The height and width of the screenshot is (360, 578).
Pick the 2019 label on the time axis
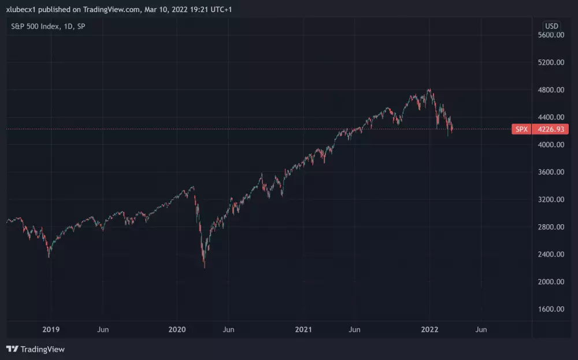(51, 329)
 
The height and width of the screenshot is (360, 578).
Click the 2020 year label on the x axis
(177, 329)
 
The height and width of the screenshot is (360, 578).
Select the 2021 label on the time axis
(303, 329)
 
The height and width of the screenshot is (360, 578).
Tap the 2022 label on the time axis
(429, 329)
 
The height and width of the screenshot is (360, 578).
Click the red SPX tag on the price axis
(521, 129)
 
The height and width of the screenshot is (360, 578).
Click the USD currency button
(551, 26)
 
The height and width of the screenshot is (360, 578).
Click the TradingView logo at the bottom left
(36, 349)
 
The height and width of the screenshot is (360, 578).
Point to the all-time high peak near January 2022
(429, 89)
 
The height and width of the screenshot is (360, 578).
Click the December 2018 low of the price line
(49, 257)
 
